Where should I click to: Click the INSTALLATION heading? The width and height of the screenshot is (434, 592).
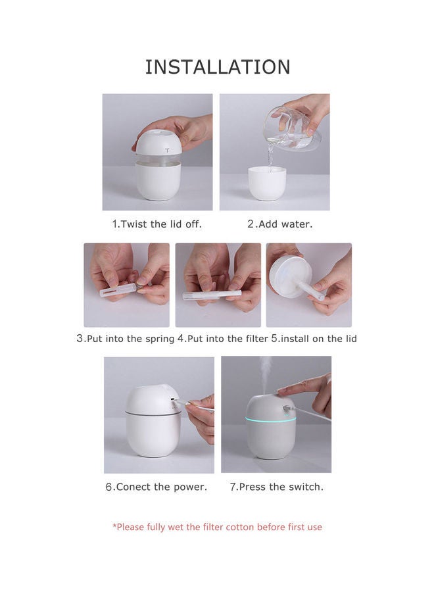(x=217, y=67)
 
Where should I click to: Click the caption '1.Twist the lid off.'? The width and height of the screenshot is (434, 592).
(x=157, y=224)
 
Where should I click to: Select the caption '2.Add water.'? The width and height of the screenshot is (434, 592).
(x=279, y=224)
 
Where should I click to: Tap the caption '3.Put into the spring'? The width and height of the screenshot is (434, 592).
(x=125, y=339)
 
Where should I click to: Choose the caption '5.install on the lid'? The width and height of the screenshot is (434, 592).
(x=314, y=339)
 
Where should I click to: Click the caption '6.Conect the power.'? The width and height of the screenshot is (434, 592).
(x=157, y=487)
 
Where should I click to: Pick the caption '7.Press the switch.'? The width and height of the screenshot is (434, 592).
(x=276, y=487)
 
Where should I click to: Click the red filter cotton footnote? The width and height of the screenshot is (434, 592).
(x=217, y=527)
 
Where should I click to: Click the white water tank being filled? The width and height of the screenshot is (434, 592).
(x=266, y=183)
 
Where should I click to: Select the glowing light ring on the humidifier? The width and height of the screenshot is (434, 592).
(x=270, y=419)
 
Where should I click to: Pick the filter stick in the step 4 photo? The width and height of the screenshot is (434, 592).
(x=212, y=295)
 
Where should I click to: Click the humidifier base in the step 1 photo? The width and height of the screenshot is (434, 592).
(x=158, y=181)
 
